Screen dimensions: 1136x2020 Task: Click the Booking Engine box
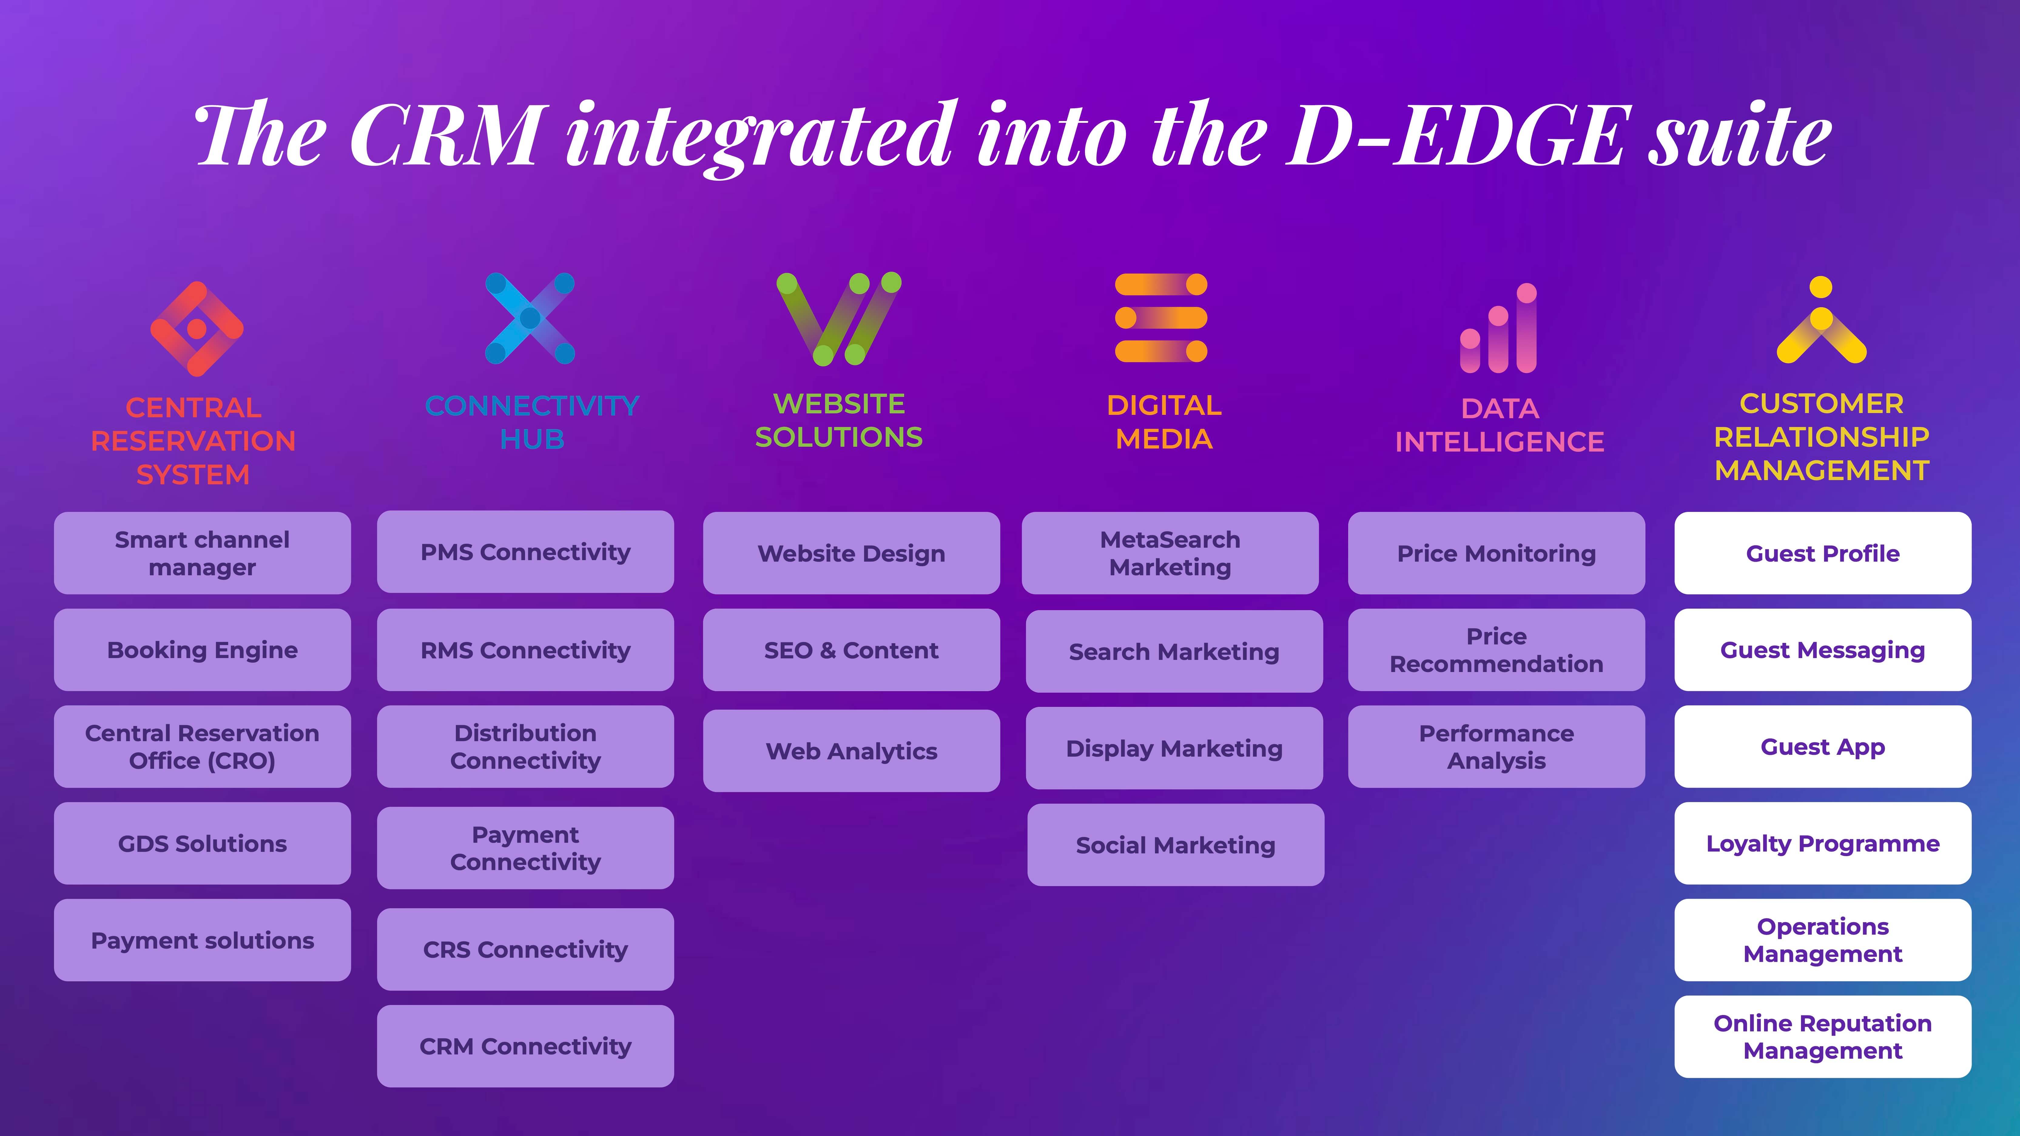coord(202,650)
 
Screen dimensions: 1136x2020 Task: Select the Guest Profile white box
coord(1822,553)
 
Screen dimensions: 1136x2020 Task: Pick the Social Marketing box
coord(1176,845)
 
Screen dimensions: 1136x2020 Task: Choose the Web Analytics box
coord(852,751)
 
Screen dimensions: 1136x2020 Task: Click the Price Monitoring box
coord(1496,553)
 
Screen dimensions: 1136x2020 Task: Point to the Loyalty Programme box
coord(1822,844)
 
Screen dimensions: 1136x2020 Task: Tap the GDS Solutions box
coord(202,844)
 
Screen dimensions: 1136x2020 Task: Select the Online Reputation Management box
coord(1822,1037)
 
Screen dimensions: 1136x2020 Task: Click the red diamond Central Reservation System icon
coord(197,328)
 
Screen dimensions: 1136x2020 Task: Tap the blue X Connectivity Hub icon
coord(530,318)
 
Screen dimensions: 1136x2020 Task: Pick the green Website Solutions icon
coord(838,318)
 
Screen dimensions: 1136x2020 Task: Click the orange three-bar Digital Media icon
coord(1161,318)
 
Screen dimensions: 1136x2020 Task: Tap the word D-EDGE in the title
coord(1455,135)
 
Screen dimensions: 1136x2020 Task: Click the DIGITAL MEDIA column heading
coord(1164,422)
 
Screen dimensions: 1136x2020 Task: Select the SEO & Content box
coord(852,650)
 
